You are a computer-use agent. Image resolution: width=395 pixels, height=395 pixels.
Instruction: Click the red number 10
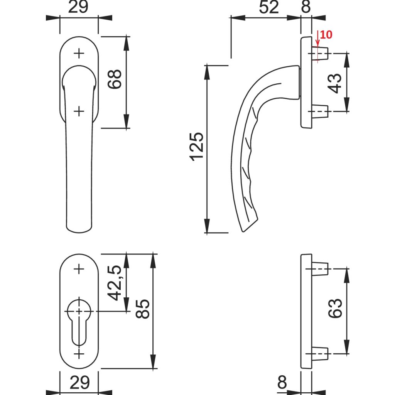click(326, 35)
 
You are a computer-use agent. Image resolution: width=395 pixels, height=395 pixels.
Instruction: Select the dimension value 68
click(115, 79)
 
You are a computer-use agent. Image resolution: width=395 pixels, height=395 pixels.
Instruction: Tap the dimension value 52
click(269, 7)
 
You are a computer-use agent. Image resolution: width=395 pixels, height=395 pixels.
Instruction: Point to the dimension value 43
click(335, 83)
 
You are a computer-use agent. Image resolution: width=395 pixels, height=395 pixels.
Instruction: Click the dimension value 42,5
click(115, 283)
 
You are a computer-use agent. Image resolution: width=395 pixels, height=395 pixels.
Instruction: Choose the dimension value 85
click(142, 309)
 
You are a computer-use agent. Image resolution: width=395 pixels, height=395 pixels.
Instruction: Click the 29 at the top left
click(79, 7)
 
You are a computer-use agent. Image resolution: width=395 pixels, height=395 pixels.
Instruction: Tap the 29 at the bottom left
click(79, 383)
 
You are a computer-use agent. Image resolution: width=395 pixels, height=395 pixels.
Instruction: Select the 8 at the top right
click(306, 7)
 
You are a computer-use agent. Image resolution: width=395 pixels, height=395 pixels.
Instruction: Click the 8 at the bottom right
click(282, 383)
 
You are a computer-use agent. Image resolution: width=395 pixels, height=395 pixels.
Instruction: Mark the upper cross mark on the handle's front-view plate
click(79, 54)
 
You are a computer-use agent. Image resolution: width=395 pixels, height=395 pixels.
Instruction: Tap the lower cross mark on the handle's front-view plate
click(79, 111)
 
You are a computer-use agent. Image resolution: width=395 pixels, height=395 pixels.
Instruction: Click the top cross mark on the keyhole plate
click(79, 269)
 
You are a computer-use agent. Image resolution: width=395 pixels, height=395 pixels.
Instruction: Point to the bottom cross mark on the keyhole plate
click(79, 354)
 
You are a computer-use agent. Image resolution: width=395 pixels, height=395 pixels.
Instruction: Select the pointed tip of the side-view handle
click(243, 231)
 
